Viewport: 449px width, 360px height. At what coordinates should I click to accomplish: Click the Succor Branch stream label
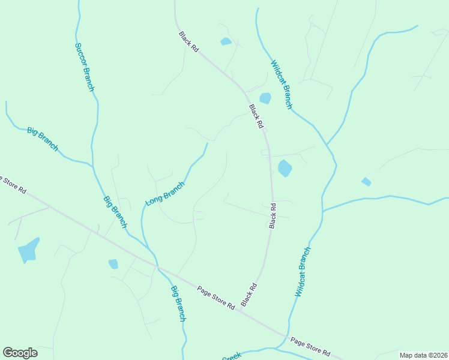[85, 67]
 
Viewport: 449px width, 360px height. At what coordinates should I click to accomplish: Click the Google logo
[20, 353]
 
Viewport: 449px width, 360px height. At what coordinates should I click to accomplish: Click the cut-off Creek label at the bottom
[231, 357]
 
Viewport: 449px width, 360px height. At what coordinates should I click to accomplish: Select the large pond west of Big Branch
[28, 250]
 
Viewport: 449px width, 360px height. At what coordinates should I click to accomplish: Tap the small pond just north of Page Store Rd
[113, 264]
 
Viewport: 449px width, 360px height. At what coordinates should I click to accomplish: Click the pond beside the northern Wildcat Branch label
[265, 98]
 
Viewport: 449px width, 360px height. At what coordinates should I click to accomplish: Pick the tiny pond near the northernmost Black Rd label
[226, 41]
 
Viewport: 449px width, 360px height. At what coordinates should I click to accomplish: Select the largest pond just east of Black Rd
[285, 169]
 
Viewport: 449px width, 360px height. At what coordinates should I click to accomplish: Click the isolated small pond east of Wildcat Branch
[366, 181]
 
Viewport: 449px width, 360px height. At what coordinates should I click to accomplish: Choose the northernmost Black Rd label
[188, 41]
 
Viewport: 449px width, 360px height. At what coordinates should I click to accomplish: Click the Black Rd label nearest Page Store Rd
[249, 295]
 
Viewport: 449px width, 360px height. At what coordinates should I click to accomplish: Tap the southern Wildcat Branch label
[303, 272]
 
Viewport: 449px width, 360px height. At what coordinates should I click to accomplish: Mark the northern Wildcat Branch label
[281, 85]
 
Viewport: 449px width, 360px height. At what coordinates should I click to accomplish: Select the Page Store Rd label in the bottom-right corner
[310, 347]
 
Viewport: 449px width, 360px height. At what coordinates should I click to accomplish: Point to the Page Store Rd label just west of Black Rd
[215, 297]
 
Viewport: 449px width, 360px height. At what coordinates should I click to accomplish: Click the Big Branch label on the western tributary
[43, 139]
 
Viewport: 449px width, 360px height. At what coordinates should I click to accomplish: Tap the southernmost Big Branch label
[178, 304]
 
